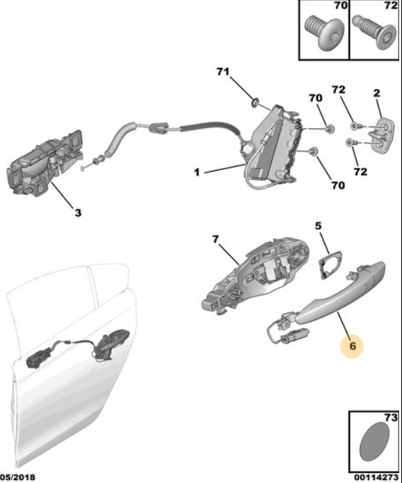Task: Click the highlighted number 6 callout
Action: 352,346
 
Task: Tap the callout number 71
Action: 223,72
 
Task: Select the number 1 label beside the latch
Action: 197,172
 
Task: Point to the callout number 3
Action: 78,213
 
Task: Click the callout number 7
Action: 216,239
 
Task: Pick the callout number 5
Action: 318,225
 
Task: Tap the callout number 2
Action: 376,93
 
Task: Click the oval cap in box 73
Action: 374,442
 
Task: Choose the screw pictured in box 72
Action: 375,32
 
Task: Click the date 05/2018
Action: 17,477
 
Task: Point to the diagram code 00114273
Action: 377,477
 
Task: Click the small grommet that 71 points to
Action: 255,102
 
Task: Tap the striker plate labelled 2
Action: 382,134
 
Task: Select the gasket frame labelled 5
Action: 330,264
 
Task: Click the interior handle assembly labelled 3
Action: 45,164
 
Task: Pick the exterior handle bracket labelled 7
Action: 255,275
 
